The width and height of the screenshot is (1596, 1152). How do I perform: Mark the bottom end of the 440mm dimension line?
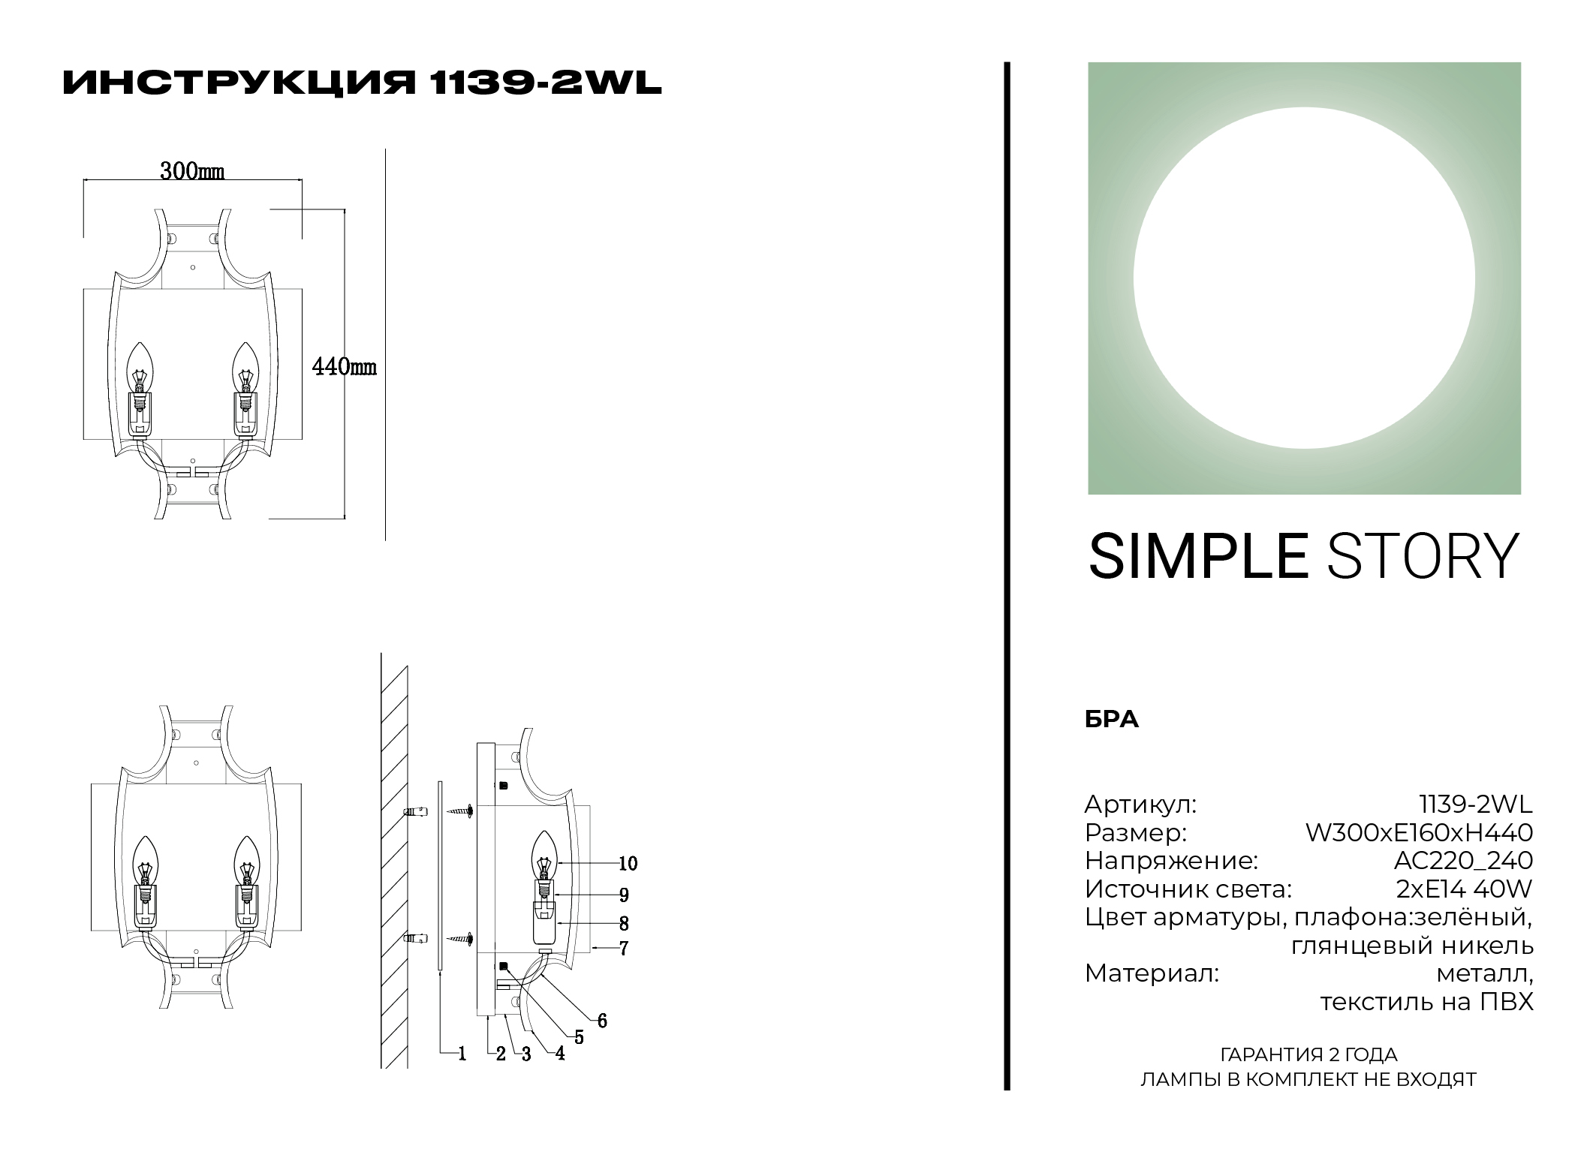(x=345, y=518)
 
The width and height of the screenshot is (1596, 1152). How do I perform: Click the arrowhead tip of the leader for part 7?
(x=592, y=949)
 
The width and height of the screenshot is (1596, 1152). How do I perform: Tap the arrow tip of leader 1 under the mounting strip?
(x=439, y=972)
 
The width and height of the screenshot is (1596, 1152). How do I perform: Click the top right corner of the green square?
(x=1521, y=62)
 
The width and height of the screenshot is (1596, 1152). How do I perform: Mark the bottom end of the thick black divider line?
(x=1007, y=1090)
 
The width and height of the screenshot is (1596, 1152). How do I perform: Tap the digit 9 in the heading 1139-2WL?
(x=499, y=83)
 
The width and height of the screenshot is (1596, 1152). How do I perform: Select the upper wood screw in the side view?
(x=460, y=811)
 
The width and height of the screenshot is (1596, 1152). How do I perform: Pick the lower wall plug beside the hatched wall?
(x=416, y=938)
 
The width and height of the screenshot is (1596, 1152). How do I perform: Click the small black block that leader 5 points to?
(x=503, y=966)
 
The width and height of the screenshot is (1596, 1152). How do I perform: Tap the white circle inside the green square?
(x=1304, y=278)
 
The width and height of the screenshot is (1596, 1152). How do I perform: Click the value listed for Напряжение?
(x=1453, y=861)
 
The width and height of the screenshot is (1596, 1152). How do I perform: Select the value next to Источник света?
(x=1464, y=889)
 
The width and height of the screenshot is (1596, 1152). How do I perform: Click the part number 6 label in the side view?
(x=602, y=1021)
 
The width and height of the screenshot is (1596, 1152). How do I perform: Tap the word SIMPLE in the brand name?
(x=1198, y=557)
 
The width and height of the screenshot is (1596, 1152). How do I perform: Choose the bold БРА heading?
(x=1112, y=720)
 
